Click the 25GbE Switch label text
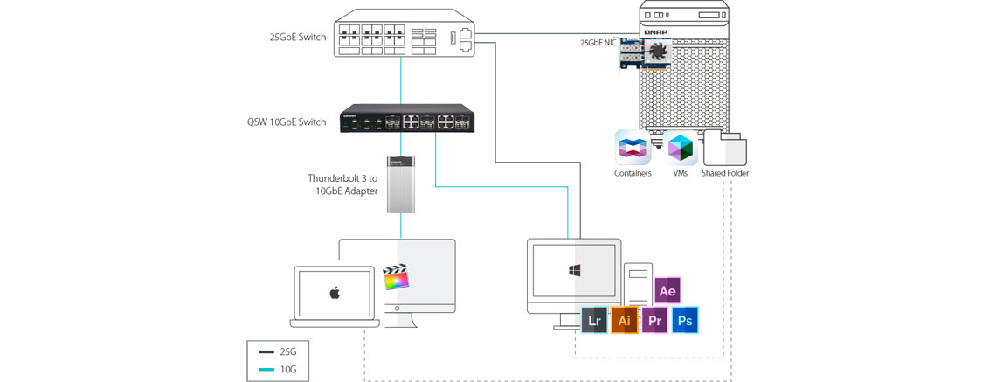[x=298, y=38]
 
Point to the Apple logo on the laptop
[x=334, y=293]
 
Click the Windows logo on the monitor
[x=577, y=271]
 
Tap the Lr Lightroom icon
[x=595, y=321]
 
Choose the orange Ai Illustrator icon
[x=624, y=321]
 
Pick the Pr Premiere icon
[x=654, y=321]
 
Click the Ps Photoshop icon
[x=685, y=321]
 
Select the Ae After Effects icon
[x=667, y=290]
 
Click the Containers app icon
[x=633, y=147]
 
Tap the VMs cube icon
[x=681, y=148]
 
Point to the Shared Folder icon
[x=725, y=148]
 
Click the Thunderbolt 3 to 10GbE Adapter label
[x=347, y=184]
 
